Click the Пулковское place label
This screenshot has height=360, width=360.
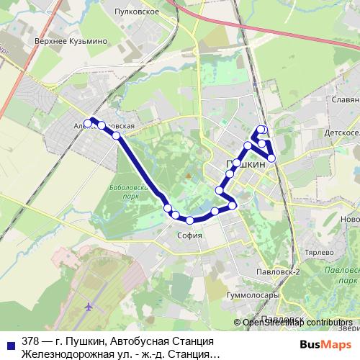coord(141,12)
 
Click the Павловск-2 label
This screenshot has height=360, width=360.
coord(278,272)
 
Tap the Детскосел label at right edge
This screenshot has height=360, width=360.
coord(340,135)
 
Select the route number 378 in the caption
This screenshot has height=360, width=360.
coord(31,340)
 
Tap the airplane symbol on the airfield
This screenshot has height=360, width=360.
coord(89,306)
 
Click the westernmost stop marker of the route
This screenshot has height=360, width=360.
coord(89,122)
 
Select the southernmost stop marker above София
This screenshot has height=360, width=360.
coord(189,220)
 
